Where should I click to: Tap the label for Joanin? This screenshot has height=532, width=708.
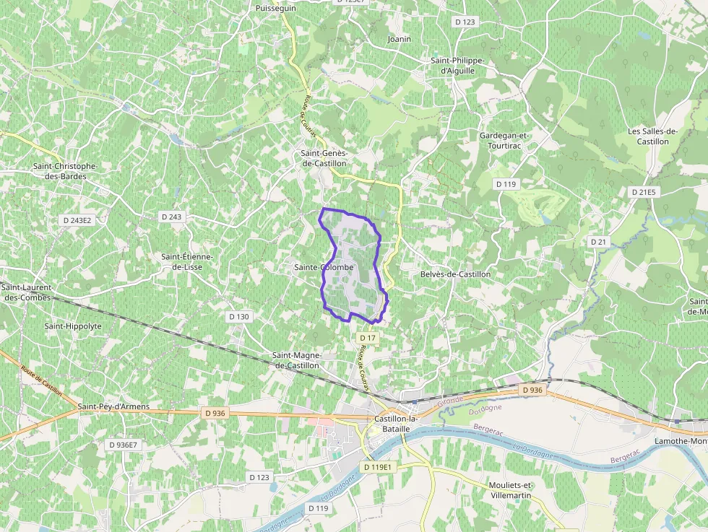pos(399,38)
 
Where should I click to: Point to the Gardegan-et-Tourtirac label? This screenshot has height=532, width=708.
pos(504,140)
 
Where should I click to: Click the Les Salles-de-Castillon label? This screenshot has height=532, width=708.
pos(652,136)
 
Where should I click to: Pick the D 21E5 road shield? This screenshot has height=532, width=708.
pos(643,192)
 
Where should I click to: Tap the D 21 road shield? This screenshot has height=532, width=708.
pos(597,242)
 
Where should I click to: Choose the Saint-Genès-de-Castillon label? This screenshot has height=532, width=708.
pos(324,158)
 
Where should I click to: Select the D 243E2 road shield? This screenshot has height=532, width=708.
pos(77,220)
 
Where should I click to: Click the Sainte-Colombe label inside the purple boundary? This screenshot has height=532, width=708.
pos(324,267)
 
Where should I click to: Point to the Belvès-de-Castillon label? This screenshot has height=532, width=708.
pos(455,274)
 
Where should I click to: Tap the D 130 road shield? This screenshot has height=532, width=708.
pos(238,317)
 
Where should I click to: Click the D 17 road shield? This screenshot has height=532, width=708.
pos(367,338)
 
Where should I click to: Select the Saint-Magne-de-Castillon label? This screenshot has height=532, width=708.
pos(295,360)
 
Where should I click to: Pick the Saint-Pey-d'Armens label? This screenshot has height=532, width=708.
pos(113,406)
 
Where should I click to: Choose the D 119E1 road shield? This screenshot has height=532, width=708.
pos(377,467)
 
